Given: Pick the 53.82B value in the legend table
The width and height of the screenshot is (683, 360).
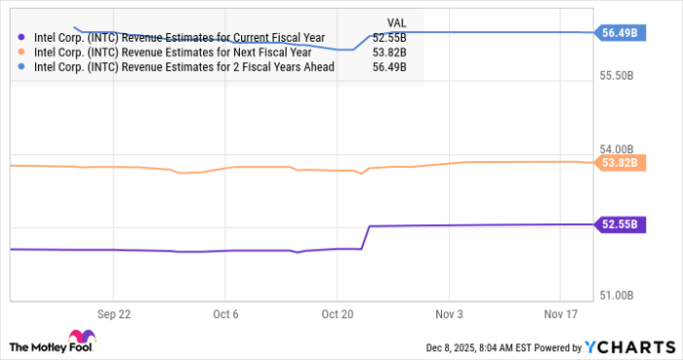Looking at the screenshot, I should point(389,53).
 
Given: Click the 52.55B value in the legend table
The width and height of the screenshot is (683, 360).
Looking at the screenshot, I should point(389,38).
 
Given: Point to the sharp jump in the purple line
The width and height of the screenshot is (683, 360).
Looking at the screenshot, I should point(366,236).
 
